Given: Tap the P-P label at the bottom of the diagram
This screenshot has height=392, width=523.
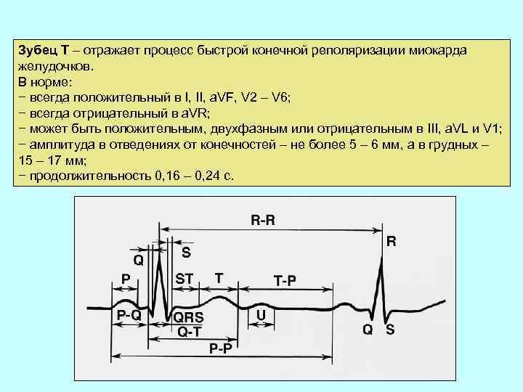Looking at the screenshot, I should pyautogui.click(x=220, y=348).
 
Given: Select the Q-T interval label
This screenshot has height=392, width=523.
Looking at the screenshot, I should pyautogui.click(x=190, y=332).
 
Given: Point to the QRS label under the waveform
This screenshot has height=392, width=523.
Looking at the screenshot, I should pyautogui.click(x=188, y=317).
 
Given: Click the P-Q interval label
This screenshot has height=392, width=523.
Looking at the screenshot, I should pyautogui.click(x=129, y=316).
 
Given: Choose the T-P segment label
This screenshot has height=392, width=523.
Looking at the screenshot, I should pyautogui.click(x=284, y=280).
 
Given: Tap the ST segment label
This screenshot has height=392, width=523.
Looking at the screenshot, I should pyautogui.click(x=185, y=278).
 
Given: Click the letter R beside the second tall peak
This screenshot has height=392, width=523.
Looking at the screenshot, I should pyautogui.click(x=392, y=242).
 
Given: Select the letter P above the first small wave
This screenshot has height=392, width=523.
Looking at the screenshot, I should pyautogui.click(x=126, y=278).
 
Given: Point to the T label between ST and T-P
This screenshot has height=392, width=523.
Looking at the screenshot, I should pyautogui.click(x=219, y=277).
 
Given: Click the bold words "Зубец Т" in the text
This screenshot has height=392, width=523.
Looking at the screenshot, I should pyautogui.click(x=44, y=49).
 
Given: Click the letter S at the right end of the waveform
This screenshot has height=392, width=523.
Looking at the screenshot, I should pyautogui.click(x=390, y=329).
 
